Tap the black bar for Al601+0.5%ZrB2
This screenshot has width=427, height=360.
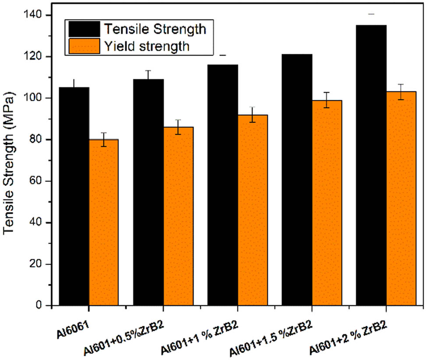(148, 192)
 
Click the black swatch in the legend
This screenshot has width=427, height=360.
(84, 29)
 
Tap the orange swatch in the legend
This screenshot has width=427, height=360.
(84, 46)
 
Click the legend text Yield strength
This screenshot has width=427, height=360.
(147, 46)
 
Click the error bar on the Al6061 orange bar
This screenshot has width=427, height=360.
(104, 139)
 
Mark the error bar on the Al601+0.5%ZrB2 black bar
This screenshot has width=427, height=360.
(148, 74)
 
